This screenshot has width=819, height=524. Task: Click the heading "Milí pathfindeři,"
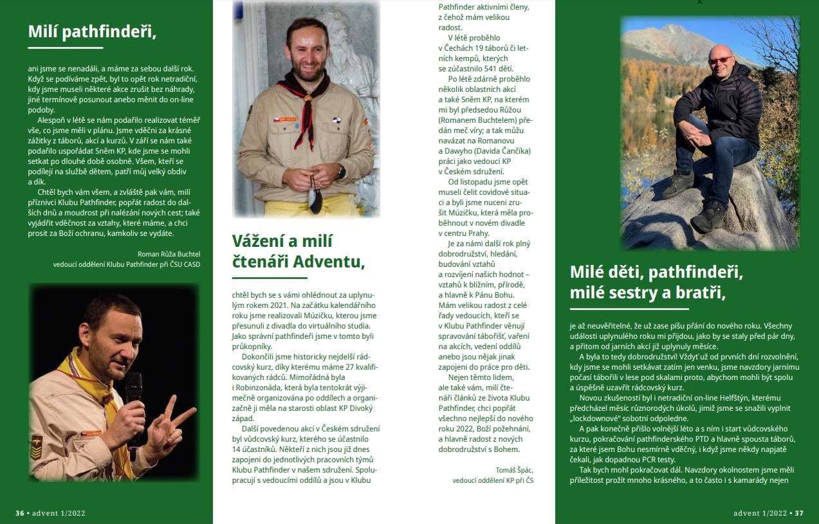(92, 31)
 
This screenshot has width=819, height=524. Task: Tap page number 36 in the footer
(20, 513)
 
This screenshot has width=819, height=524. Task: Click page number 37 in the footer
(799, 513)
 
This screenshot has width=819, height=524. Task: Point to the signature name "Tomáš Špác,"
(515, 469)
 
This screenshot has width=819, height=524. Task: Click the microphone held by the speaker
(134, 392)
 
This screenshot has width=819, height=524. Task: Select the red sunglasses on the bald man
(721, 60)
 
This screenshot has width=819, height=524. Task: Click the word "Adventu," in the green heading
(329, 262)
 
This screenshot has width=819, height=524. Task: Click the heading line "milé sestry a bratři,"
(647, 293)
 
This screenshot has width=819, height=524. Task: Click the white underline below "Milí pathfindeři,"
(66, 48)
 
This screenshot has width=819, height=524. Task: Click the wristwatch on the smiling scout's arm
(342, 172)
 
